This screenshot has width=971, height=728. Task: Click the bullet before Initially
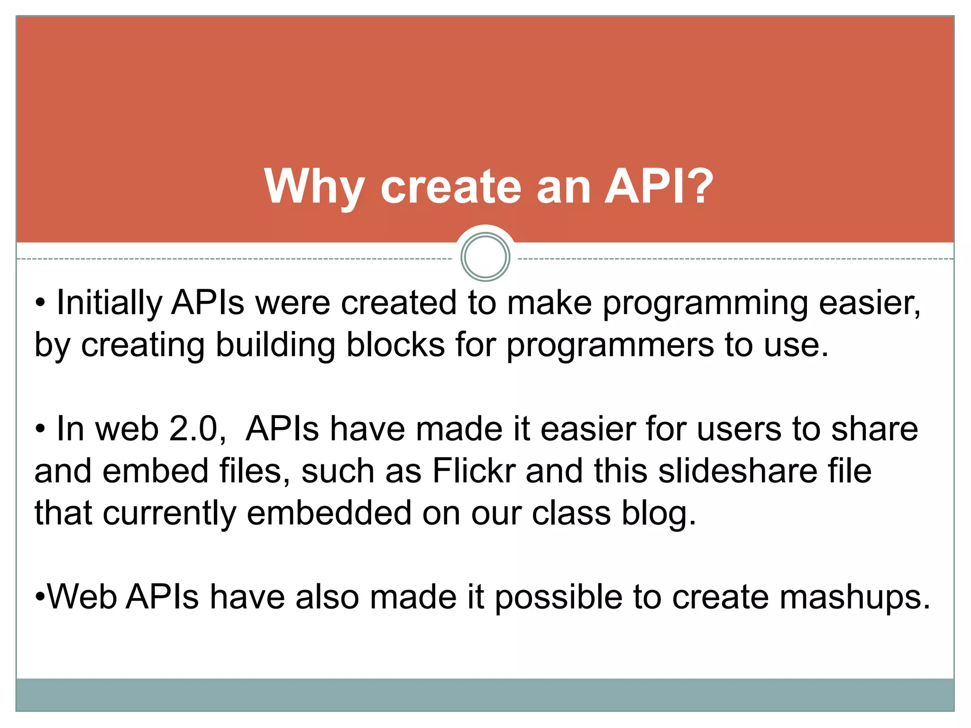point(40,303)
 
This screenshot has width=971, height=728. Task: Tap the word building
point(275,345)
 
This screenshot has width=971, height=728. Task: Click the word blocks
point(395,345)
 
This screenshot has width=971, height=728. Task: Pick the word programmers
point(610,346)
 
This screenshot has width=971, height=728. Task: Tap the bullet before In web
point(40,429)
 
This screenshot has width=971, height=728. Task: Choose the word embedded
point(329,513)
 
